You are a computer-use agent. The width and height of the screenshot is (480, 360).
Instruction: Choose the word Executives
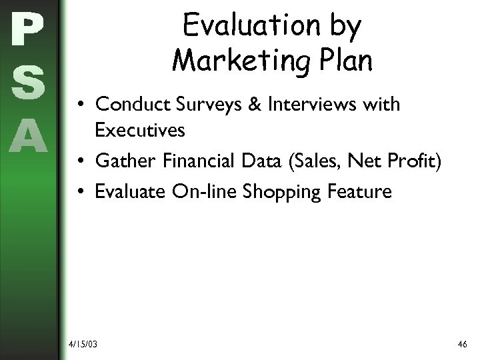pos(140,130)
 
